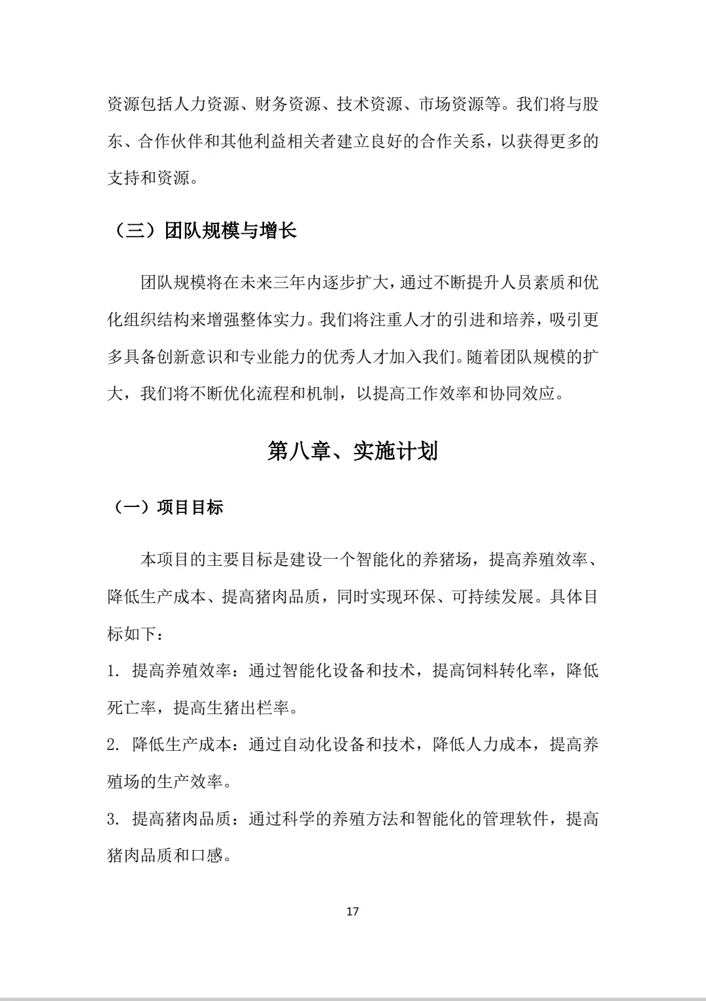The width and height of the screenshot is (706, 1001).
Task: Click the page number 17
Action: coord(352,911)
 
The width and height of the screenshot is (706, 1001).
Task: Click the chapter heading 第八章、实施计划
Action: coord(352,451)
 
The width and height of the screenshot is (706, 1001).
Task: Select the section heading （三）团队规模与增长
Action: coord(202,231)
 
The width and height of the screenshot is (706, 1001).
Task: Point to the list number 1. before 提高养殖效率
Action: coord(113,671)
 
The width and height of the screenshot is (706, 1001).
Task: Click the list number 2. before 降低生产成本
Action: coord(113,745)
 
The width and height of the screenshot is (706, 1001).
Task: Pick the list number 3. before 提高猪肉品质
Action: coord(113,819)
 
